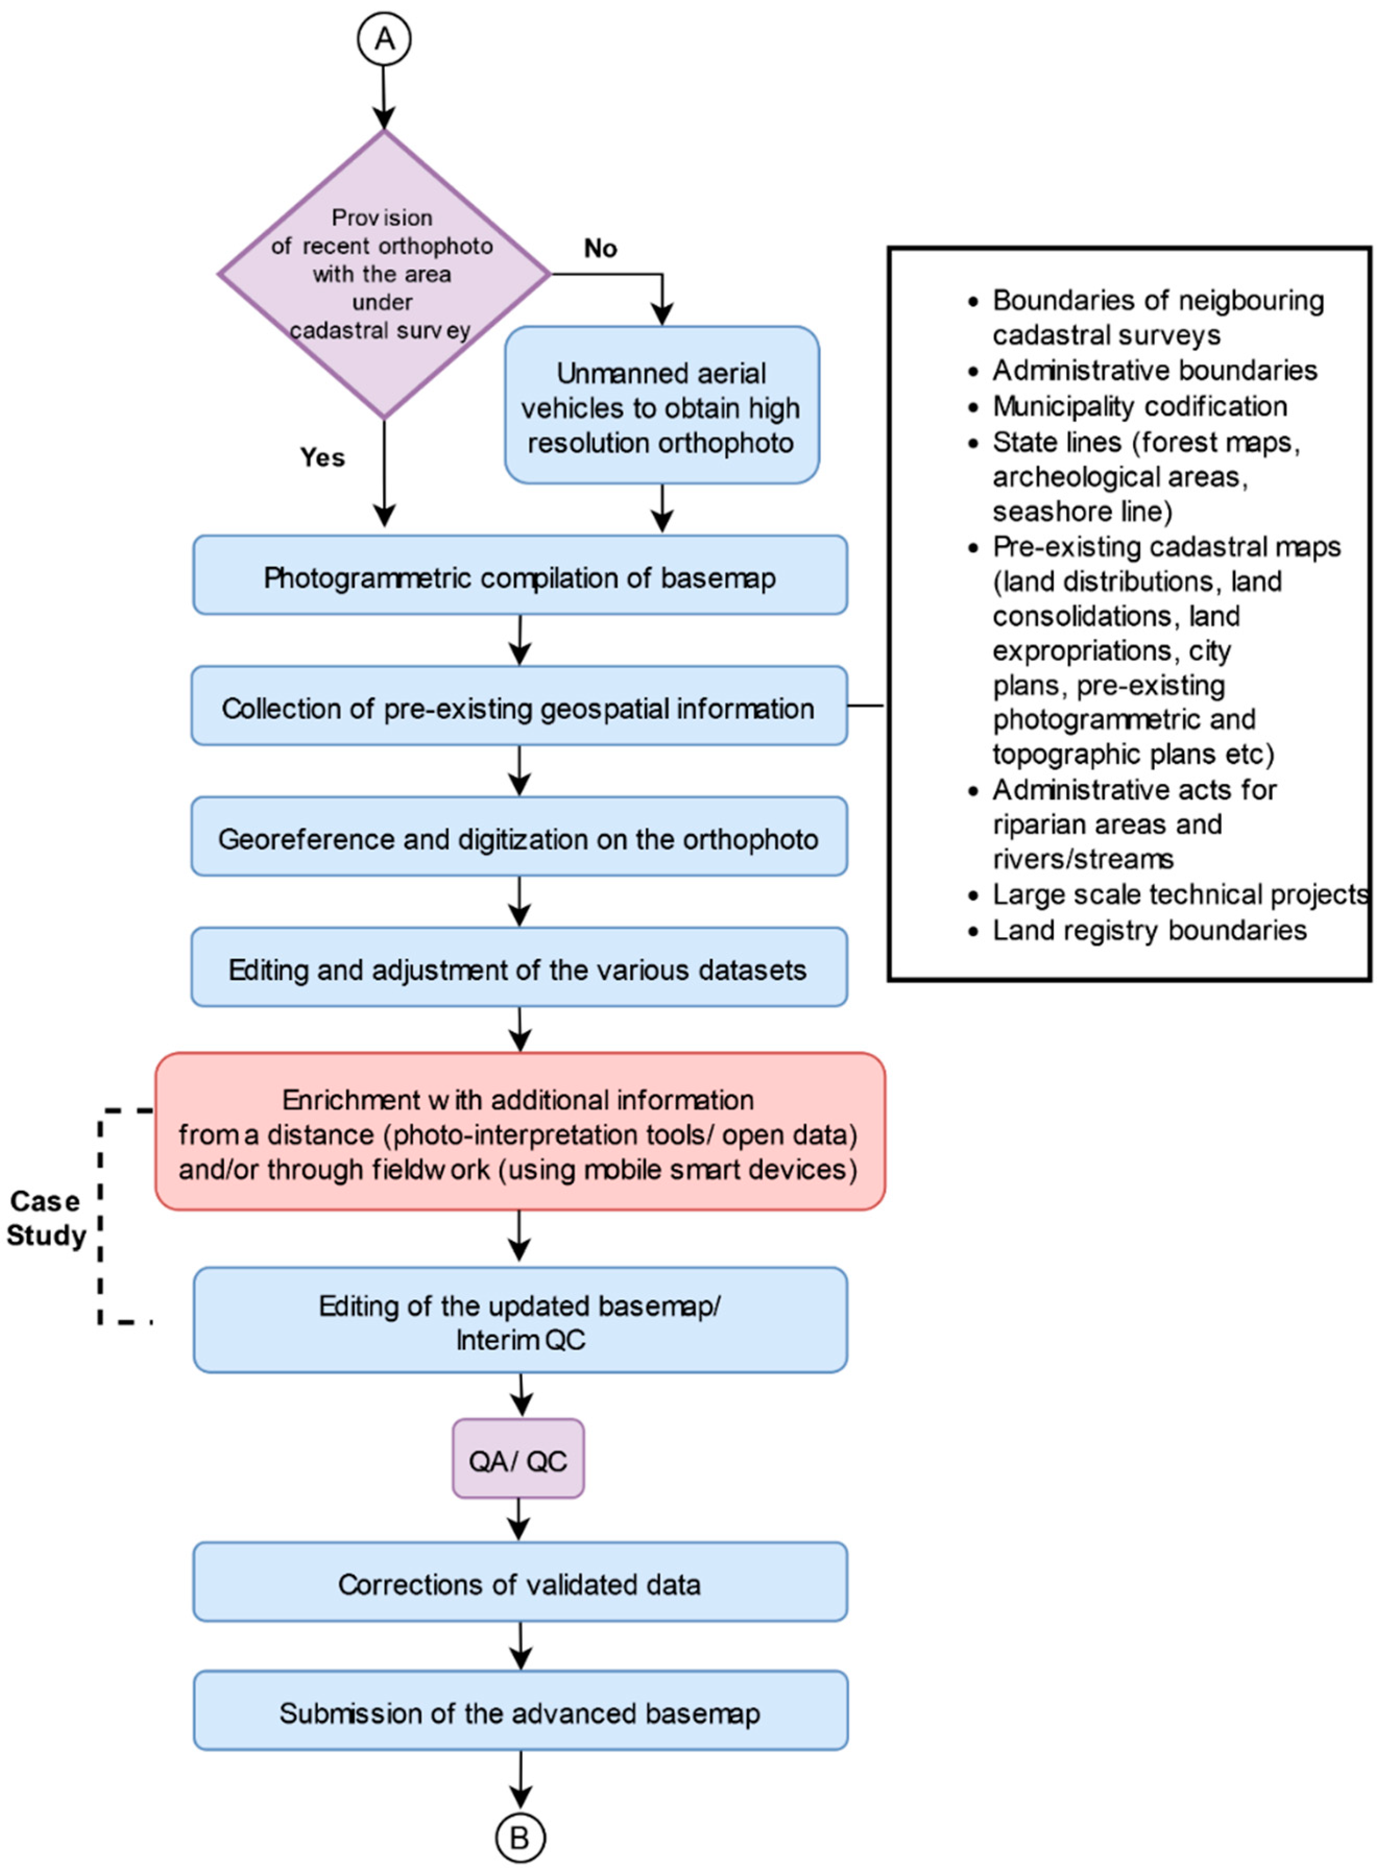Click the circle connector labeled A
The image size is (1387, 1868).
[x=384, y=40]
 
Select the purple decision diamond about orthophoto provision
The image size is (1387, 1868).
[x=384, y=274]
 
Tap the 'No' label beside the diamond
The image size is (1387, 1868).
[x=600, y=248]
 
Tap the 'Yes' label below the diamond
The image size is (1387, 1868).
[x=322, y=457]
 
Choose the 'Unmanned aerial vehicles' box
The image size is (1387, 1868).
[x=661, y=405]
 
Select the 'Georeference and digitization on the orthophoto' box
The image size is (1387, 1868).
[x=519, y=836]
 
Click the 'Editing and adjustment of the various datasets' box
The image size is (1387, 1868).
[x=519, y=967]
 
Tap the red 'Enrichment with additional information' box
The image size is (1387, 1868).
[x=520, y=1131]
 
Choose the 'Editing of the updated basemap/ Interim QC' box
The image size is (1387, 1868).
[x=520, y=1320]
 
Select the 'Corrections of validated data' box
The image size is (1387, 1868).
[x=520, y=1583]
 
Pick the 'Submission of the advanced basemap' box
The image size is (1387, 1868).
[x=520, y=1712]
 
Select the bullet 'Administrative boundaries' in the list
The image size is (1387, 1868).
[x=1143, y=370]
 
